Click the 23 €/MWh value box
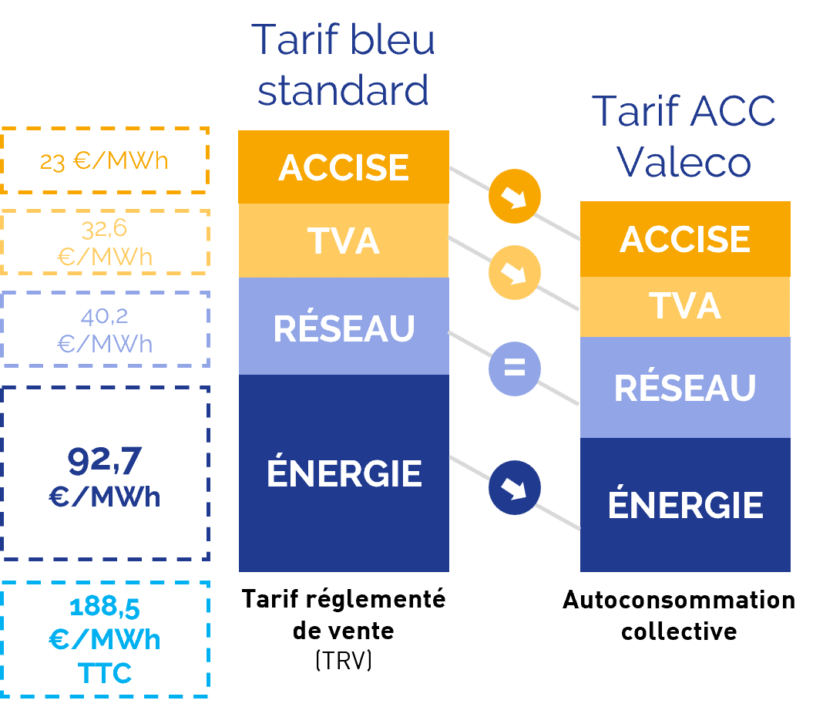[105, 160]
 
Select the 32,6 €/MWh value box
[105, 242]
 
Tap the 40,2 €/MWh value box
[105, 330]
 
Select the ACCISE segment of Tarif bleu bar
[344, 167]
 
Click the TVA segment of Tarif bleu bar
[344, 241]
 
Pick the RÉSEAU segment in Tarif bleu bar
[344, 327]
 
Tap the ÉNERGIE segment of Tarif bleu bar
[344, 473]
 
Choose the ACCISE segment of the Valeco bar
[685, 239]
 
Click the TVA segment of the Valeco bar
[685, 306]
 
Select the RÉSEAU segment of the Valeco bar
[685, 388]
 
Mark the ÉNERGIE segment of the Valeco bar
[685, 505]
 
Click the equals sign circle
[514, 369]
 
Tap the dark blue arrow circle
[514, 488]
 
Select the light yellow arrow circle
[514, 272]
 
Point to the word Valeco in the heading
[684, 162]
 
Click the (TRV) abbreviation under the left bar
[344, 661]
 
